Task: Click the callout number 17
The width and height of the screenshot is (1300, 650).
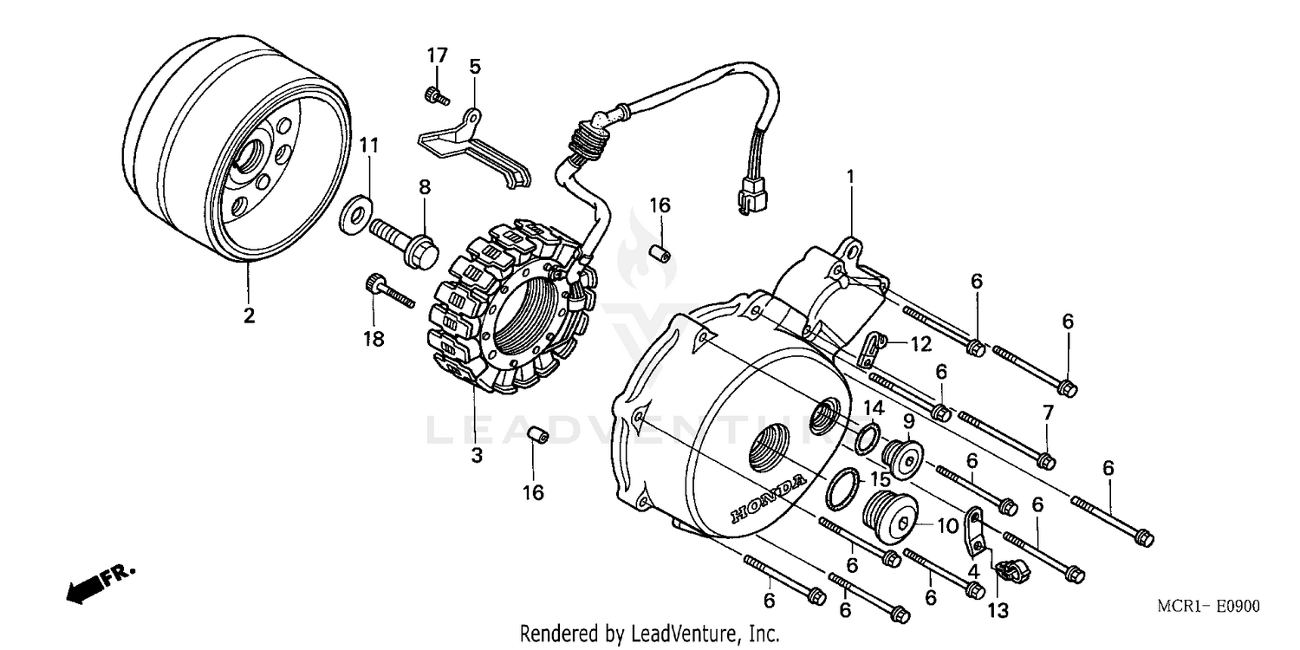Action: click(x=437, y=55)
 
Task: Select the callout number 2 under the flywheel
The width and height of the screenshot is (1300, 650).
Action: click(x=249, y=316)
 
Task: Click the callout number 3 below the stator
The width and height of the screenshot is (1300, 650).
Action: click(x=476, y=455)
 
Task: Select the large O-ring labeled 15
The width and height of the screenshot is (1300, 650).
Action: click(x=843, y=488)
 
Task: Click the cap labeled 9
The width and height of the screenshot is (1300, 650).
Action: click(x=898, y=457)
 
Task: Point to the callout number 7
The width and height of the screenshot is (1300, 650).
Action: click(x=1047, y=413)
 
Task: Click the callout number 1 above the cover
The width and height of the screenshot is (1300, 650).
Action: click(x=850, y=177)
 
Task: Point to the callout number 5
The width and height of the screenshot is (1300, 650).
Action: click(x=474, y=67)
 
